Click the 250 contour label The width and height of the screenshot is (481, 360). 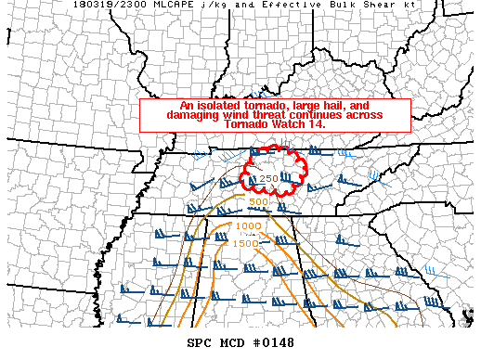[x=269, y=179]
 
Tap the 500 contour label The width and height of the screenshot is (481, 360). [x=258, y=202]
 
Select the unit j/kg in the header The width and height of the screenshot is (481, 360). [x=223, y=6]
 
